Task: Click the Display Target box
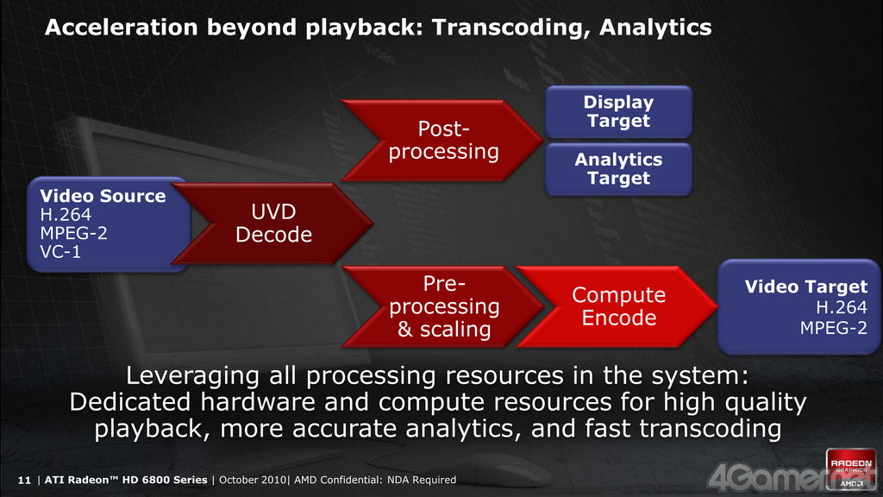pos(618,111)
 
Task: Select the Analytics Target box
pos(618,169)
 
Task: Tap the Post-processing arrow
pos(442,141)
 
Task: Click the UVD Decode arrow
pos(272,223)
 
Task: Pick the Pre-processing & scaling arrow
pos(442,306)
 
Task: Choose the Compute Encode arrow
pos(617,306)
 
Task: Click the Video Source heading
pos(103,196)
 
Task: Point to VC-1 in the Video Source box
pos(60,252)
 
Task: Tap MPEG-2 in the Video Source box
pos(74,233)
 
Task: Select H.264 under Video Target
pos(842,308)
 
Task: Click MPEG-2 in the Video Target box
pos(834,328)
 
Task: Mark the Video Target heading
pos(806,286)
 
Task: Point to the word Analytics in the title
pos(655,28)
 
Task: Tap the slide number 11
pos(24,480)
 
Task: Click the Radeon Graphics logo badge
pos(851,469)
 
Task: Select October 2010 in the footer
pos(253,480)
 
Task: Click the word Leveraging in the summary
pos(192,376)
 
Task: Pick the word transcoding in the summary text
pos(711,429)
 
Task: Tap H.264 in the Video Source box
pos(66,215)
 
